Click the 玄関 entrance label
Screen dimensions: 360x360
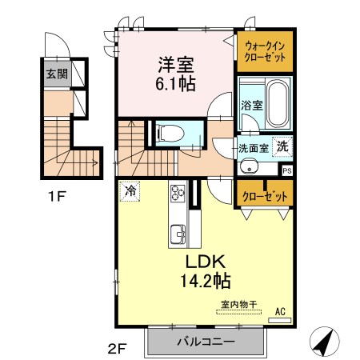click(x=57, y=74)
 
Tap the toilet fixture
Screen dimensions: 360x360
click(x=170, y=133)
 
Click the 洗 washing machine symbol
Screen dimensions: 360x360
click(x=282, y=146)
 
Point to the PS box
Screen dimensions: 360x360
click(x=287, y=170)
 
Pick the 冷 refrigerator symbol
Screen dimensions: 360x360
click(x=130, y=191)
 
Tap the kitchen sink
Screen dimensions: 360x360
click(x=178, y=234)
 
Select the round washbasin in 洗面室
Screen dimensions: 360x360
click(x=249, y=167)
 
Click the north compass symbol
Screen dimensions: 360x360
click(x=325, y=342)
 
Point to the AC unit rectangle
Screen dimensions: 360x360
click(x=279, y=320)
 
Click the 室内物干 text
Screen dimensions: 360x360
click(x=239, y=304)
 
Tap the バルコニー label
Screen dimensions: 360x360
click(x=206, y=342)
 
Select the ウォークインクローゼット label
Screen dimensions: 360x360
click(x=265, y=52)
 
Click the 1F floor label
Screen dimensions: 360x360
click(x=57, y=197)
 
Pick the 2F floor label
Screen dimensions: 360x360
click(x=117, y=348)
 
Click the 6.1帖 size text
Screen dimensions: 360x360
click(x=175, y=84)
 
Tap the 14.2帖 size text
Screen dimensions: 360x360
click(x=206, y=281)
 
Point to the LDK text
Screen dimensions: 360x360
click(x=206, y=262)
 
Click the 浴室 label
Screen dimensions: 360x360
click(x=252, y=106)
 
